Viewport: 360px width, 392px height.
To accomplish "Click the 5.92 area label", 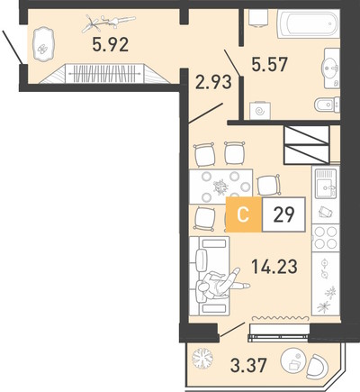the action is [111, 44].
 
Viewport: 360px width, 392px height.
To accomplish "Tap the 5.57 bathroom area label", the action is [270, 64].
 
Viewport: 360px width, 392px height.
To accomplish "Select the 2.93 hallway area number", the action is [213, 82].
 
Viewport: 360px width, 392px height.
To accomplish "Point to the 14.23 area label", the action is [274, 267].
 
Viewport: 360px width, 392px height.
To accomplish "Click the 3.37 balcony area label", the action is [248, 365].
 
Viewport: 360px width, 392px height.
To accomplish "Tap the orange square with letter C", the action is [244, 214].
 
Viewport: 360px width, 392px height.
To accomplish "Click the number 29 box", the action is [283, 214].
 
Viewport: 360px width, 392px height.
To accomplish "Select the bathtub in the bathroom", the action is [308, 23].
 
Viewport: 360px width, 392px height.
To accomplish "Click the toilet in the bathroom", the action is [327, 105].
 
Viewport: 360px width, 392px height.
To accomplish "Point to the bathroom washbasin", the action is [331, 68].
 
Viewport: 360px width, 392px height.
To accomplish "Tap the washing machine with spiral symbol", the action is [260, 111].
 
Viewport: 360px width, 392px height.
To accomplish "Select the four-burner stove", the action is [326, 238].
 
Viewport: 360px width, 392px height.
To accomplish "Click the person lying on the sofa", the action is [222, 284].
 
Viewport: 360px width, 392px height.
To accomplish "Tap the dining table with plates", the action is [220, 187].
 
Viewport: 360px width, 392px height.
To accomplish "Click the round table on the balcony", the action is [293, 360].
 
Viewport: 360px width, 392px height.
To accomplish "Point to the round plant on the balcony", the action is [202, 359].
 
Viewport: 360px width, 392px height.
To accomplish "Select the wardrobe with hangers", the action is [104, 74].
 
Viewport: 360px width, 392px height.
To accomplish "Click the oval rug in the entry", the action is [43, 44].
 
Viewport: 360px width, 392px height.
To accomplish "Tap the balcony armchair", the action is [318, 367].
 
